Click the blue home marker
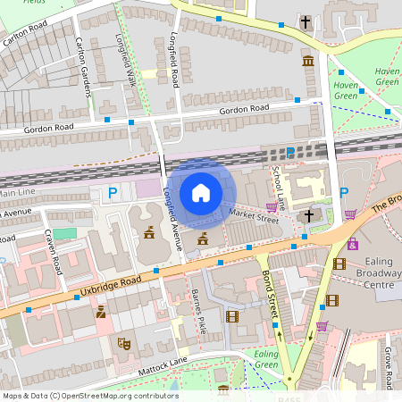pos(201,192)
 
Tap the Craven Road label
pos(54,252)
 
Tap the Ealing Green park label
pos(266,359)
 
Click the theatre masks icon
pos(124,342)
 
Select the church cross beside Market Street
pos(309,215)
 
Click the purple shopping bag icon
pos(354,243)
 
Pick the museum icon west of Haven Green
pos(308,61)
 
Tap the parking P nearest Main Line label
pos(112,191)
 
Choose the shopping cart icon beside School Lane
pos(272,207)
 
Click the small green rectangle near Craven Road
pos(64,233)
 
